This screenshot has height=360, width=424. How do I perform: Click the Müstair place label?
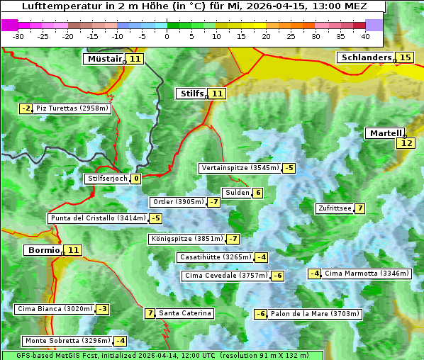coord(104,59)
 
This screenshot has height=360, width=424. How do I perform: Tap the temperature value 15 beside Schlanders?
coord(405,57)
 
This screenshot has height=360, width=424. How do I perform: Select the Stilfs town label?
coord(191,94)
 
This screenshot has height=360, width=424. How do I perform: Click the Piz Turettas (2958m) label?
coord(72,108)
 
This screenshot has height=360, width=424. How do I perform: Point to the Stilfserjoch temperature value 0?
coord(135,179)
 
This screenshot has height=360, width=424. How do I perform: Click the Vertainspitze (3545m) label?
coord(240,168)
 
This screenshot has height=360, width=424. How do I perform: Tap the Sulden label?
coord(237,193)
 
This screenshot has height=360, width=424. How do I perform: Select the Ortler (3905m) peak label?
coord(178,202)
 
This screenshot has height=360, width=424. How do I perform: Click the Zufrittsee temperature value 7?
coord(360,208)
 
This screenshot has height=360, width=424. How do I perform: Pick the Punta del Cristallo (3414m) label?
coord(98,218)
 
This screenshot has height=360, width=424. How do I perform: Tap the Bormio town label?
coord(43,250)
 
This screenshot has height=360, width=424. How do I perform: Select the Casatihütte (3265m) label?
coord(215,257)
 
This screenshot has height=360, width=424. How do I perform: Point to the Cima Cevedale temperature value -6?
coord(277,276)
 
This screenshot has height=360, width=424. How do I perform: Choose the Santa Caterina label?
coord(184,313)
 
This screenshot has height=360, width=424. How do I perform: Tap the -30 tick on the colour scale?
coord(18,35)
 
